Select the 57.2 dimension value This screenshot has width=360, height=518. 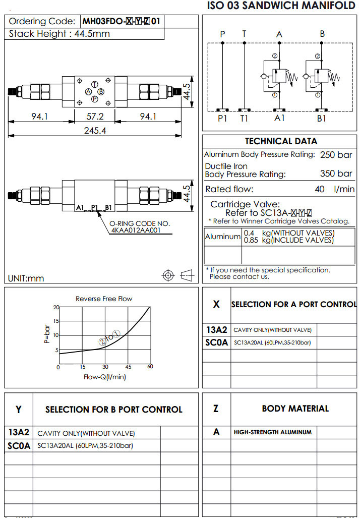pyautogui.click(x=95, y=117)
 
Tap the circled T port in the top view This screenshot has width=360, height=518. pyautogui.click(x=95, y=84)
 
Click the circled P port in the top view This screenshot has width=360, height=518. pyautogui.click(x=95, y=99)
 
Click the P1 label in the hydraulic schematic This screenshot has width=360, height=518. pyautogui.click(x=222, y=119)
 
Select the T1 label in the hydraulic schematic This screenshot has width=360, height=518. pyautogui.click(x=244, y=119)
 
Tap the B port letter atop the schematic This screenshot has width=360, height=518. pyautogui.click(x=322, y=34)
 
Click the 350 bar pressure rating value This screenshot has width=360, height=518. pyautogui.click(x=336, y=174)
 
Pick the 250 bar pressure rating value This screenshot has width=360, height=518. pyautogui.click(x=336, y=155)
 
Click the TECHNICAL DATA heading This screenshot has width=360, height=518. pyautogui.click(x=281, y=141)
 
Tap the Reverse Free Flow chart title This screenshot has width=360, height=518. pyautogui.click(x=104, y=299)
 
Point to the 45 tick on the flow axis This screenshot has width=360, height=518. pyautogui.click(x=128, y=367)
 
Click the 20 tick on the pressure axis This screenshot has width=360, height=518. pyautogui.click(x=56, y=307)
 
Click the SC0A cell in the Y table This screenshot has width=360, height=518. pyautogui.click(x=19, y=446)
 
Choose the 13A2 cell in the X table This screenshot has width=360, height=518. pyautogui.click(x=216, y=330)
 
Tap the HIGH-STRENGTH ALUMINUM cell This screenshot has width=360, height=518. pyautogui.click(x=272, y=432)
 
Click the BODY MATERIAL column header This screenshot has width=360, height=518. pyautogui.click(x=295, y=409)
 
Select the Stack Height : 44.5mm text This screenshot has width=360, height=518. pyautogui.click(x=59, y=34)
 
